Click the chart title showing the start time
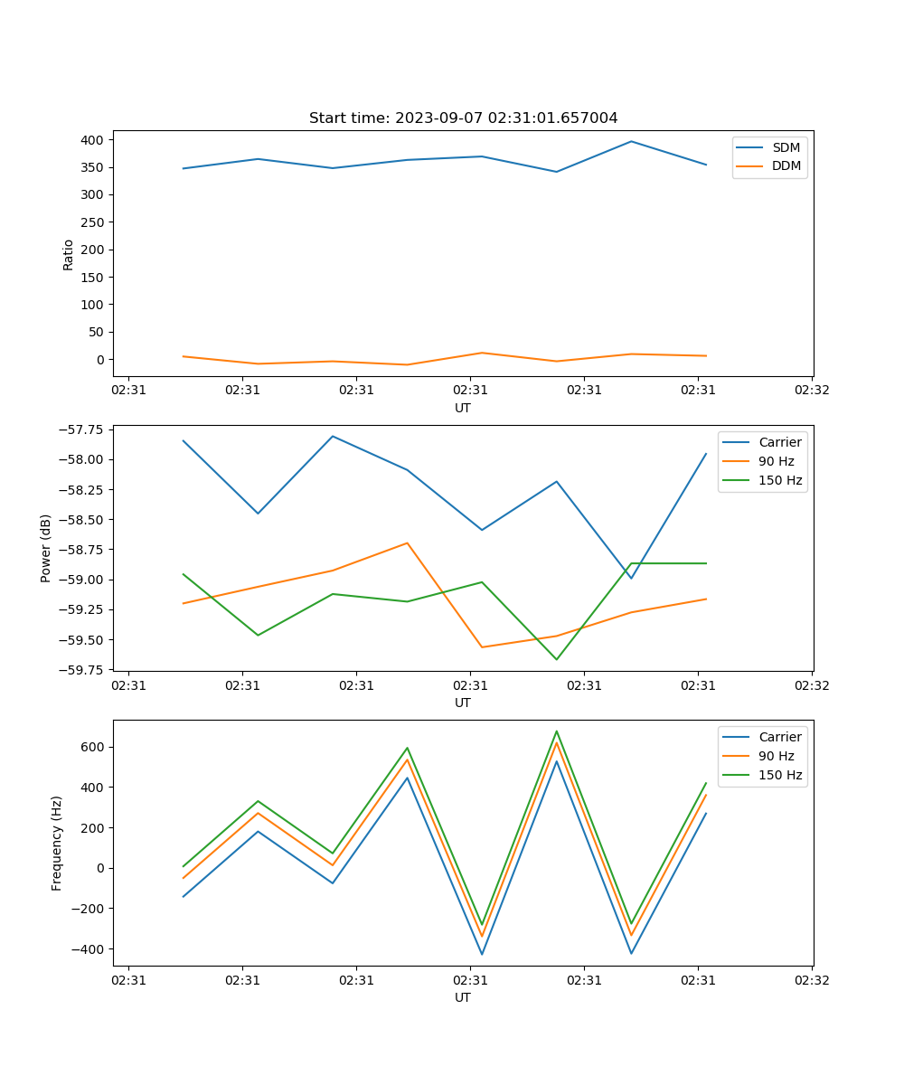[463, 118]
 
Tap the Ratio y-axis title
[69, 254]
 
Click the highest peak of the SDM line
[631, 141]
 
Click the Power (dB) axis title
[46, 548]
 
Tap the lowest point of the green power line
[556, 659]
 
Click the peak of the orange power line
[407, 542]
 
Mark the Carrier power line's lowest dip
[631, 579]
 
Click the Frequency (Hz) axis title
[57, 843]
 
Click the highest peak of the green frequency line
[556, 731]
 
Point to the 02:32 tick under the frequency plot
[811, 979]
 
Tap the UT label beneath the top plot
[463, 408]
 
